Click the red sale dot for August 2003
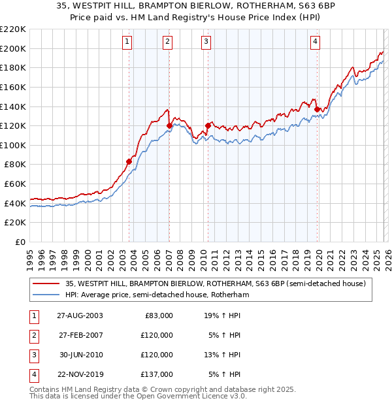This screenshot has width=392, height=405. pos(129,161)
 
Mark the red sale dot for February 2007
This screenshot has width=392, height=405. pos(169,125)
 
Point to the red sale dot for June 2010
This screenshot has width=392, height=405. pos(208,125)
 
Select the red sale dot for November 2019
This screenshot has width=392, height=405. pos(317,109)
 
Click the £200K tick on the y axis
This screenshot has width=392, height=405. pos(14,48)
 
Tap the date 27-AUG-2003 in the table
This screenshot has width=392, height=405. pos(79,316)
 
